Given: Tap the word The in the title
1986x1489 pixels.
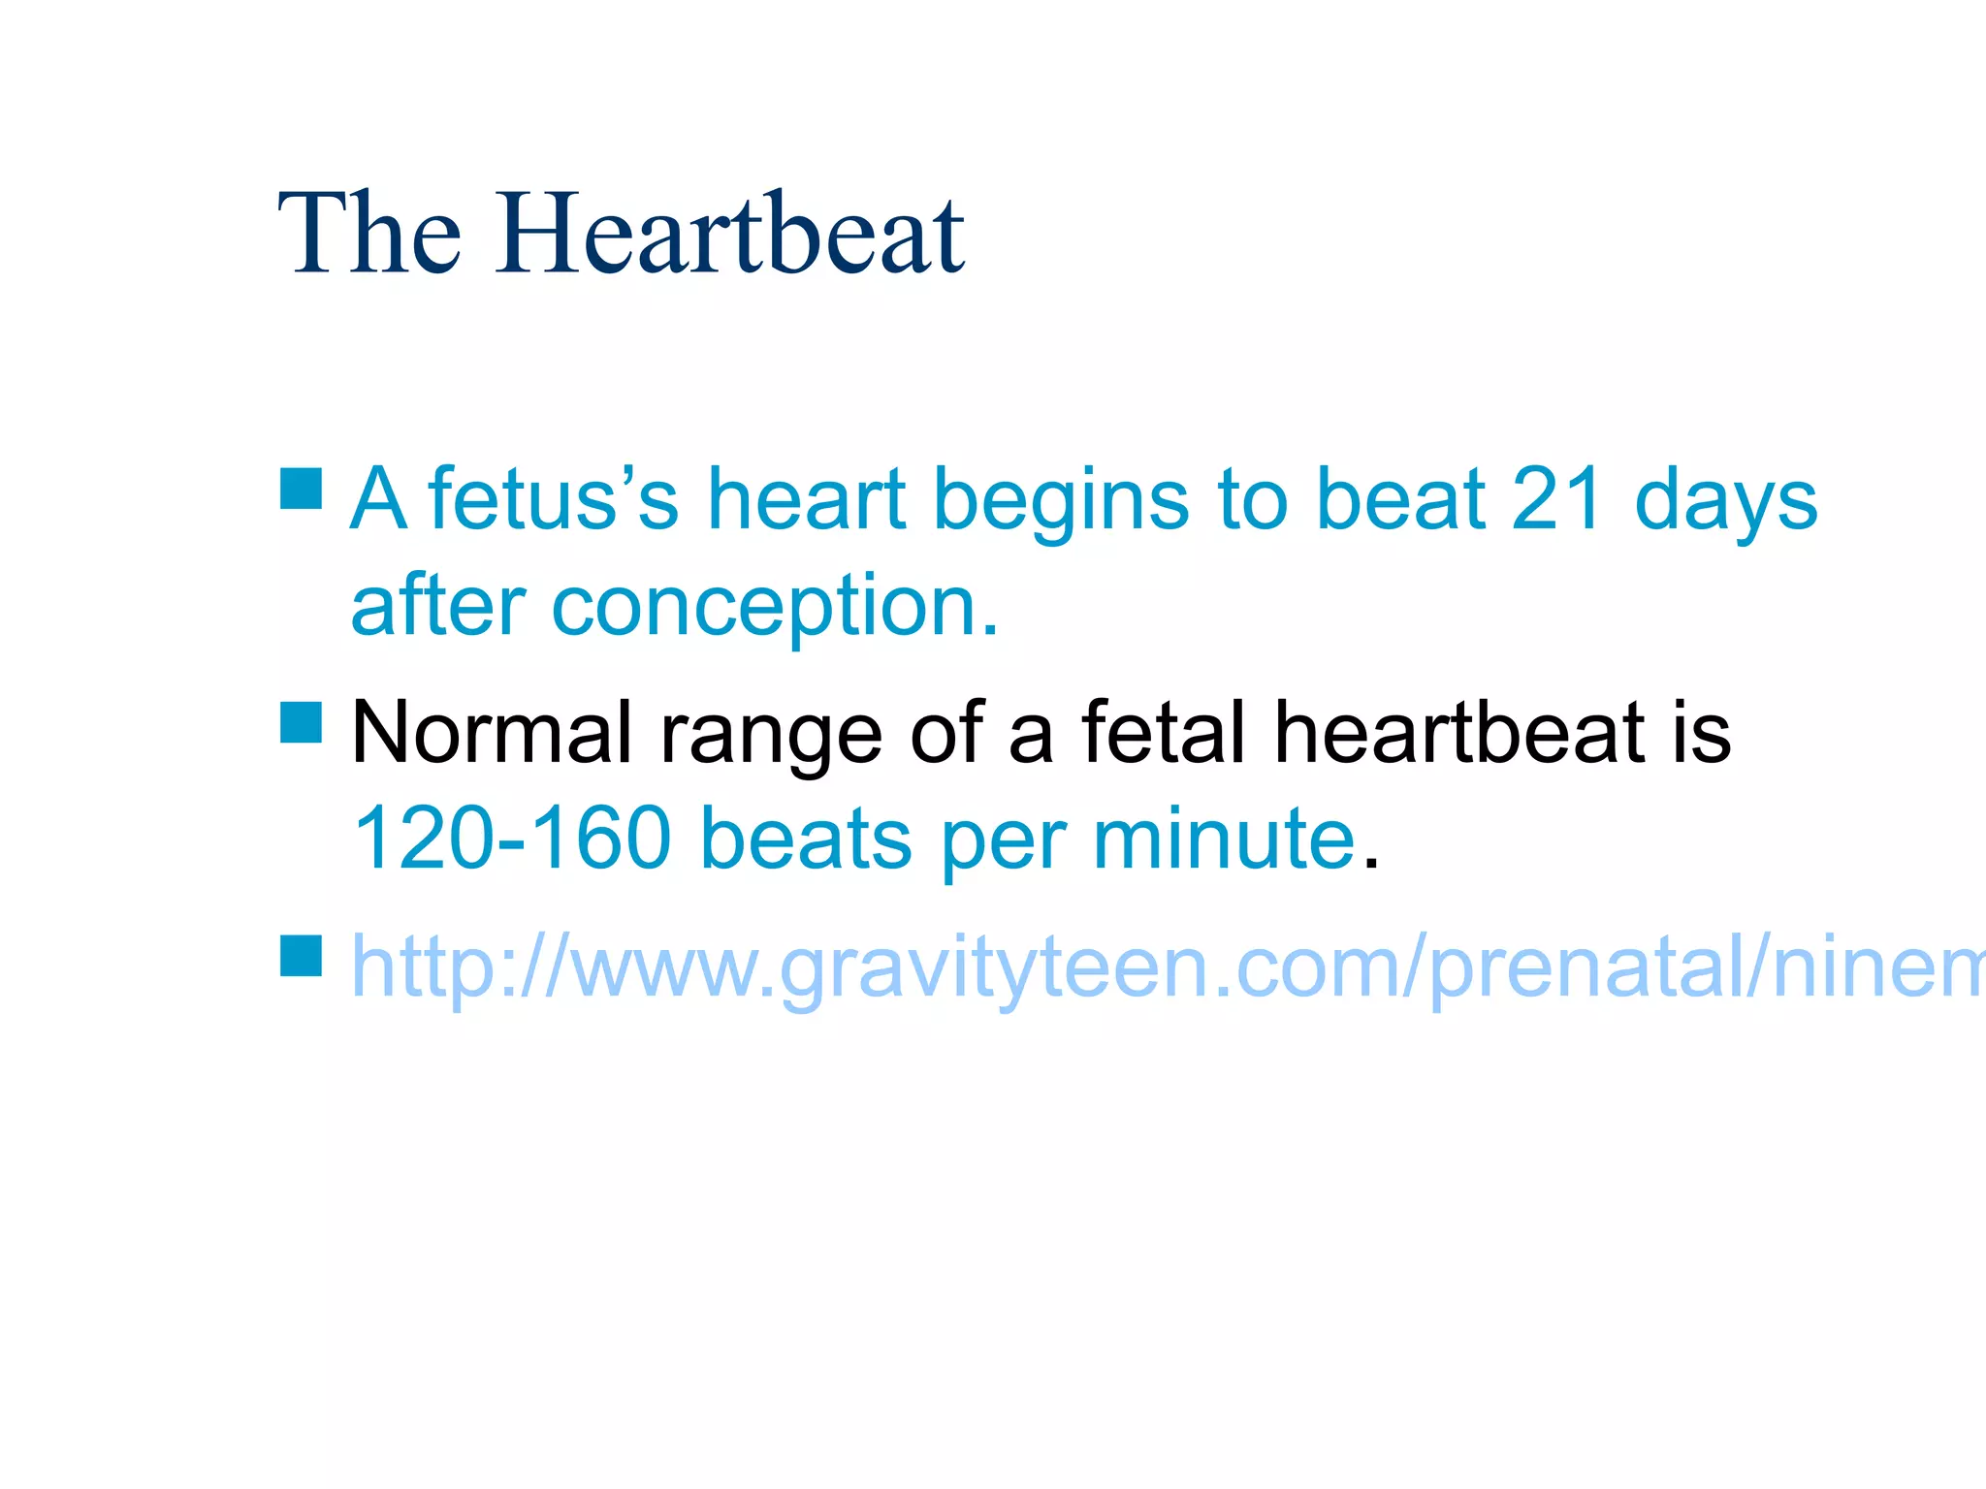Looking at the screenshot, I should pos(369,234).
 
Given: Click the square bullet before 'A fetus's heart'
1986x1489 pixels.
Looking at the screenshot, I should pos(301,489).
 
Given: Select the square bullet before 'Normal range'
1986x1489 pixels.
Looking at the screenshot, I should pos(301,722).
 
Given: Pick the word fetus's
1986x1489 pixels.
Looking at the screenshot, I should pos(554,500).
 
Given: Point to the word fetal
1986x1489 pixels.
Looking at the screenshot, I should pos(1163,733).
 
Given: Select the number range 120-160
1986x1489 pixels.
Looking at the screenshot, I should pos(512,839).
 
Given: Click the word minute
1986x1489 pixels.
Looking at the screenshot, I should pos(1224,839).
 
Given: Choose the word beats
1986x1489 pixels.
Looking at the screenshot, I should pos(806,839).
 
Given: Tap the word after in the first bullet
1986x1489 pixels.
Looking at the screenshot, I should pos(438,606).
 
